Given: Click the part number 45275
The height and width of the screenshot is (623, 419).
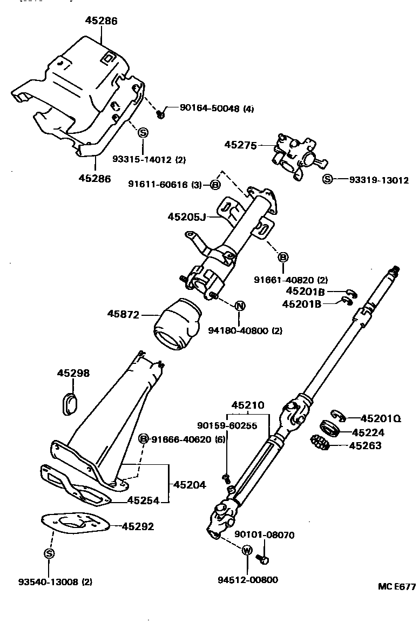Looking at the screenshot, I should coord(240,145).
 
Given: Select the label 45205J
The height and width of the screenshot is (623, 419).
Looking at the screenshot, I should coord(186,216).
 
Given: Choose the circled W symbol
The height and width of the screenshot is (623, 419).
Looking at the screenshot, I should coord(247,551).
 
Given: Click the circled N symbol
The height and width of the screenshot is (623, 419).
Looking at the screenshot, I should coord(240,306).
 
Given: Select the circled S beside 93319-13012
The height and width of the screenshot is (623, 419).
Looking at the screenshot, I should coord(327,179).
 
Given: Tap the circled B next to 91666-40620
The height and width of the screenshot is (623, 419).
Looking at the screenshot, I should coord(144,438).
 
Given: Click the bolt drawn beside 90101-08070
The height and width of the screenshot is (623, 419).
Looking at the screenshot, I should coord(263,559).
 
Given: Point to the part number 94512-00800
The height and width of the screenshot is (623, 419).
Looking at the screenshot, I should coord(248,580).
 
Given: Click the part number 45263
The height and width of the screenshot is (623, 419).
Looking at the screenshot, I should coord(365,445).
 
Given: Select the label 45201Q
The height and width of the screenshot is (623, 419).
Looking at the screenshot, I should coord(381,418).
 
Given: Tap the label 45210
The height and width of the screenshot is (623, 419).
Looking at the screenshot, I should coord(248,405).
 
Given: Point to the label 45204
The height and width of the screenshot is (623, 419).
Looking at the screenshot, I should coord(190,485).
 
